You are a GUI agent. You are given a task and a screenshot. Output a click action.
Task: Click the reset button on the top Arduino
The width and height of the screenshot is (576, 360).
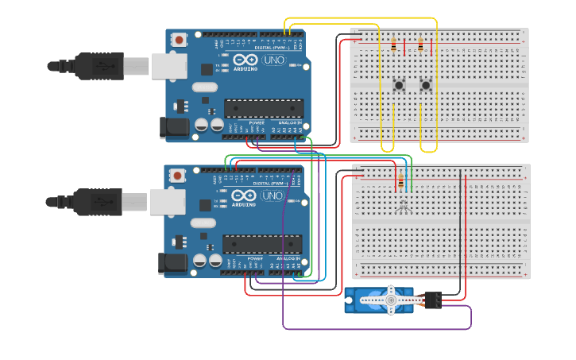pyautogui.click(x=180, y=39)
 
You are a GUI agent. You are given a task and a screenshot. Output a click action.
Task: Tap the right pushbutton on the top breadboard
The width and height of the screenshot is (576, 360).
pyautogui.click(x=426, y=84)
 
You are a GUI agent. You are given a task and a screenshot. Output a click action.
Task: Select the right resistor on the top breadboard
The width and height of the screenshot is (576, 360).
pyautogui.click(x=420, y=47)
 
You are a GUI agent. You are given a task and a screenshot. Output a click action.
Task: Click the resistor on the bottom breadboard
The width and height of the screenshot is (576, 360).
pyautogui.click(x=400, y=184)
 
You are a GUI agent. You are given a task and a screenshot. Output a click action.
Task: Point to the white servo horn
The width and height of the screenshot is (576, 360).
pyautogui.click(x=390, y=299)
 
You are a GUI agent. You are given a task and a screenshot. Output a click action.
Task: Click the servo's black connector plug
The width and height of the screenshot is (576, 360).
pyautogui.click(x=434, y=300)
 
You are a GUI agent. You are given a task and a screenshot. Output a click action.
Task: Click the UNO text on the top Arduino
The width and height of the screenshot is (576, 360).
pyautogui.click(x=274, y=60)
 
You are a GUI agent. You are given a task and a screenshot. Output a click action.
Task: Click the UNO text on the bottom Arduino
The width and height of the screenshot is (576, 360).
pyautogui.click(x=273, y=195)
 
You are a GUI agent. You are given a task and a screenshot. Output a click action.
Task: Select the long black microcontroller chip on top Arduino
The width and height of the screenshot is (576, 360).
pyautogui.click(x=264, y=108)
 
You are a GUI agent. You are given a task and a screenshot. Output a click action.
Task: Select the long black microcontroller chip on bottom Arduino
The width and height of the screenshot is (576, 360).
pyautogui.click(x=262, y=244)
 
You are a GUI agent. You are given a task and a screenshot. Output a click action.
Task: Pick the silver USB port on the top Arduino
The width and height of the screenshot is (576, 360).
pyautogui.click(x=168, y=66)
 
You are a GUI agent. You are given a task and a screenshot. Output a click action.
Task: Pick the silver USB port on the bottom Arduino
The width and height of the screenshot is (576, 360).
pyautogui.click(x=168, y=202)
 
